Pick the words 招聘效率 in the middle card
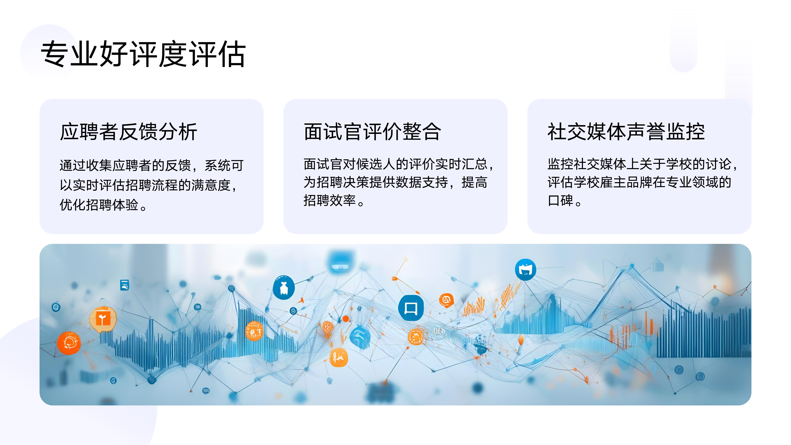point(329,201)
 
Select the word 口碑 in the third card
point(560,201)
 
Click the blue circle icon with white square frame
point(411,308)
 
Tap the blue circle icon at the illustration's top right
point(525,270)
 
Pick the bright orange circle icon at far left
point(69,343)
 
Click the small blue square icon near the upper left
point(124,285)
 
